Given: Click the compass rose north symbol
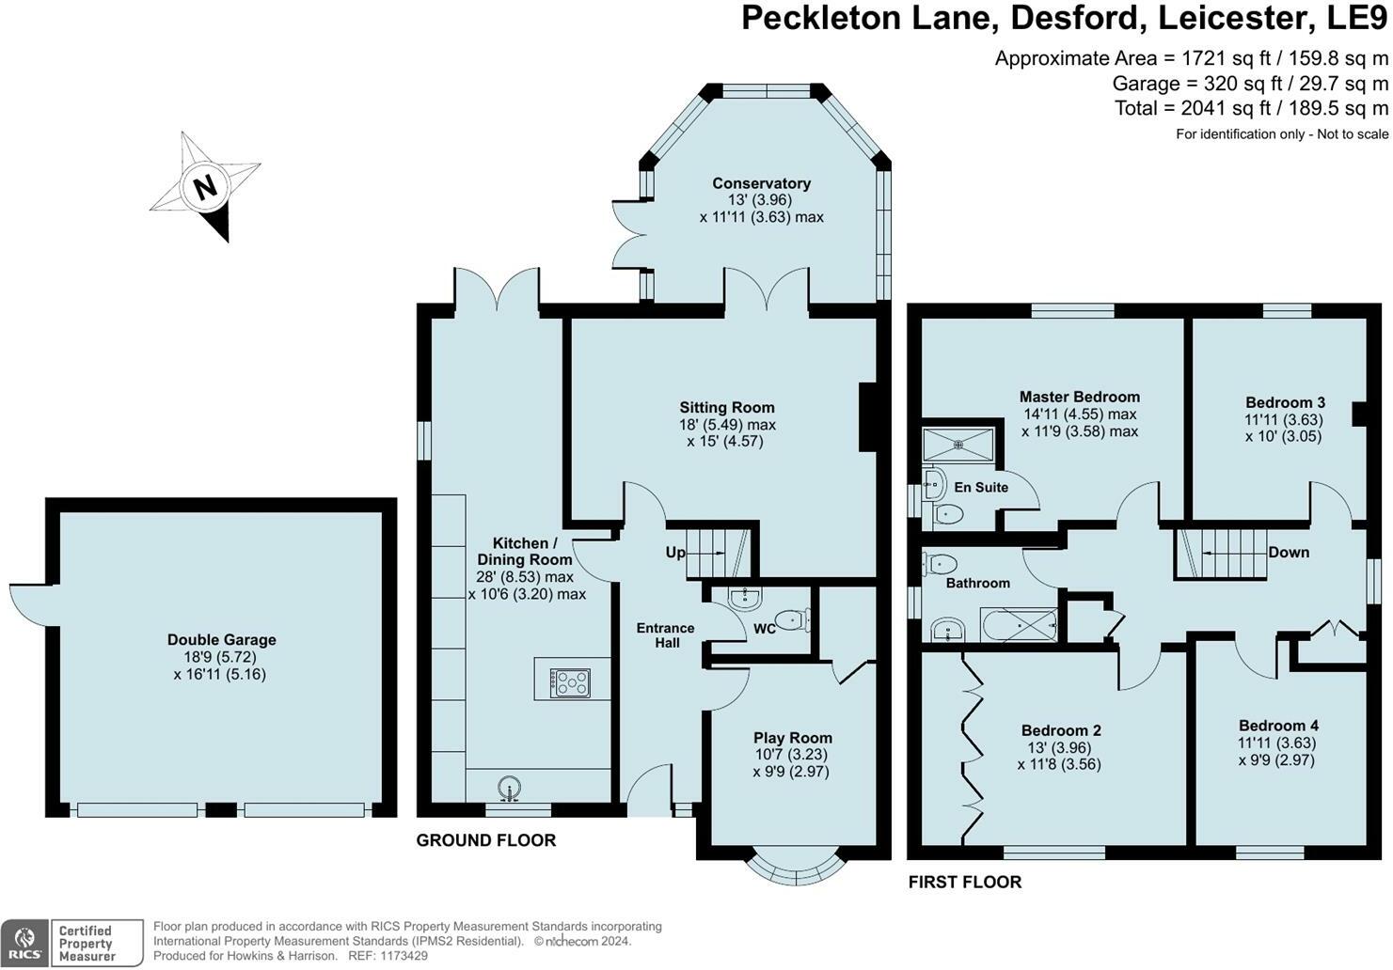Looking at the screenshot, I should click(205, 186).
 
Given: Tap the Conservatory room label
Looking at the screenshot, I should click(761, 183).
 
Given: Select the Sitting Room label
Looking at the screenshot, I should click(727, 407).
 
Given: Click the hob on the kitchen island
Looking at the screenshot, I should click(572, 681).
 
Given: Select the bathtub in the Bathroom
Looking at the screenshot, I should click(1020, 625).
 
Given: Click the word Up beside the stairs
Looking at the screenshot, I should click(675, 553).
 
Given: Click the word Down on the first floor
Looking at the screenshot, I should click(1288, 552).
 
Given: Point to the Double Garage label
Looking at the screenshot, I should click(221, 640).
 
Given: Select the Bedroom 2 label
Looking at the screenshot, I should click(1061, 730).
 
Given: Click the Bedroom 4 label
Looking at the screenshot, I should click(1277, 725).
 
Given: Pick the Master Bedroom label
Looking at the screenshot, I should click(1079, 397).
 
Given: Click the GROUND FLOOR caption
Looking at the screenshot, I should click(485, 840).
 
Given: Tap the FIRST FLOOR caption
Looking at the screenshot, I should click(964, 882).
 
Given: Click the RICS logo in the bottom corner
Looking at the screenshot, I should click(25, 943).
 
